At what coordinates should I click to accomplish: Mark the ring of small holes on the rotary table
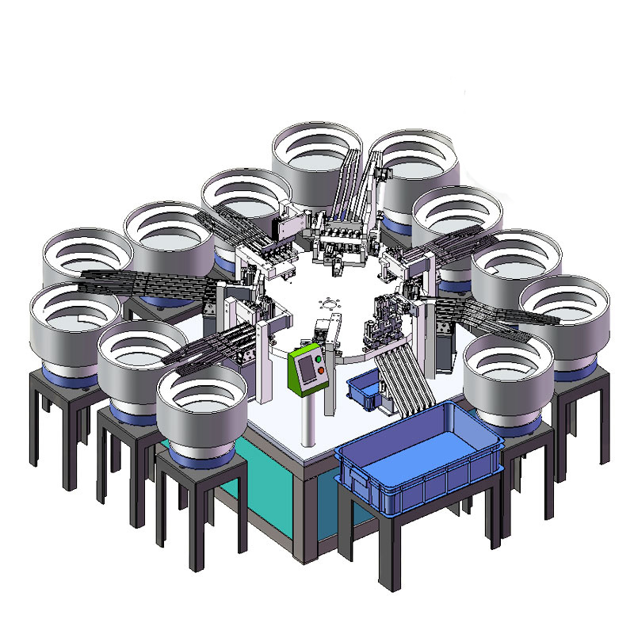[327, 304]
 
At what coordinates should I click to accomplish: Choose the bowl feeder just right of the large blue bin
[507, 380]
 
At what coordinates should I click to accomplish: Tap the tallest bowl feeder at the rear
[315, 155]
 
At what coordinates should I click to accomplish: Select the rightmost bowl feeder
[566, 317]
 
